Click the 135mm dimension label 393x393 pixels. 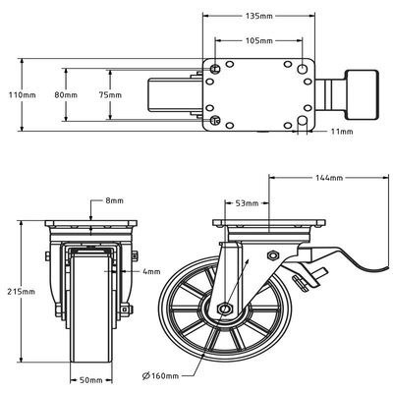coord(258,16)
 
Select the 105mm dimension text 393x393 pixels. coord(258,40)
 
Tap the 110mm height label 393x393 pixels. coord(23,95)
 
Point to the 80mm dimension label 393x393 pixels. coord(66,95)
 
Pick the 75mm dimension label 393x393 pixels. coord(110,95)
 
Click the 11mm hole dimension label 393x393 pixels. coord(342,132)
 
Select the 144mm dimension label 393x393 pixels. coord(329,178)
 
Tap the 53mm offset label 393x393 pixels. coord(247,203)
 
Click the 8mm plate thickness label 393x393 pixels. coord(114,200)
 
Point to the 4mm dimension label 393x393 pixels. coord(151,271)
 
